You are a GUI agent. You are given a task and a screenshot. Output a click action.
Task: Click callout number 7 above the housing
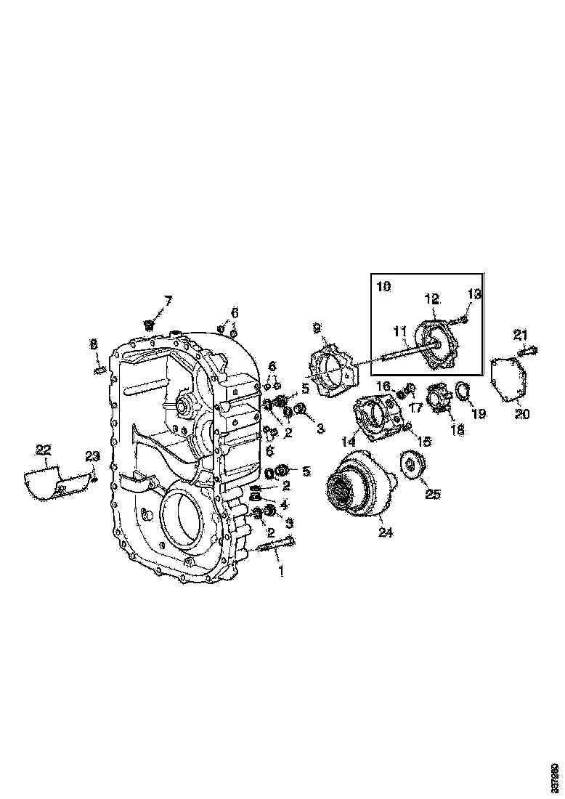point(168,300)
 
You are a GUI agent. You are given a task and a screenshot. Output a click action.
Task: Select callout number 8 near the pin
point(94,344)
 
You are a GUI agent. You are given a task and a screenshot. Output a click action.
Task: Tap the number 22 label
point(44,450)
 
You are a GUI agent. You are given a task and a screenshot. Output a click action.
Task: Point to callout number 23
point(92,456)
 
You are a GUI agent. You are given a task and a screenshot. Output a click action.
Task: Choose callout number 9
point(317,328)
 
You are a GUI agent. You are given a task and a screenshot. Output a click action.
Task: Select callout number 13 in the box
point(474,294)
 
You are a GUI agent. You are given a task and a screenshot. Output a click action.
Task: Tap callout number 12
point(433,299)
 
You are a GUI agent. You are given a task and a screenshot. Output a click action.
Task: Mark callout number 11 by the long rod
point(399,331)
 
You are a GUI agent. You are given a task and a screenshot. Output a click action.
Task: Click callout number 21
point(520,334)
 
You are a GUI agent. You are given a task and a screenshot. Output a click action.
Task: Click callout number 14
point(349,441)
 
